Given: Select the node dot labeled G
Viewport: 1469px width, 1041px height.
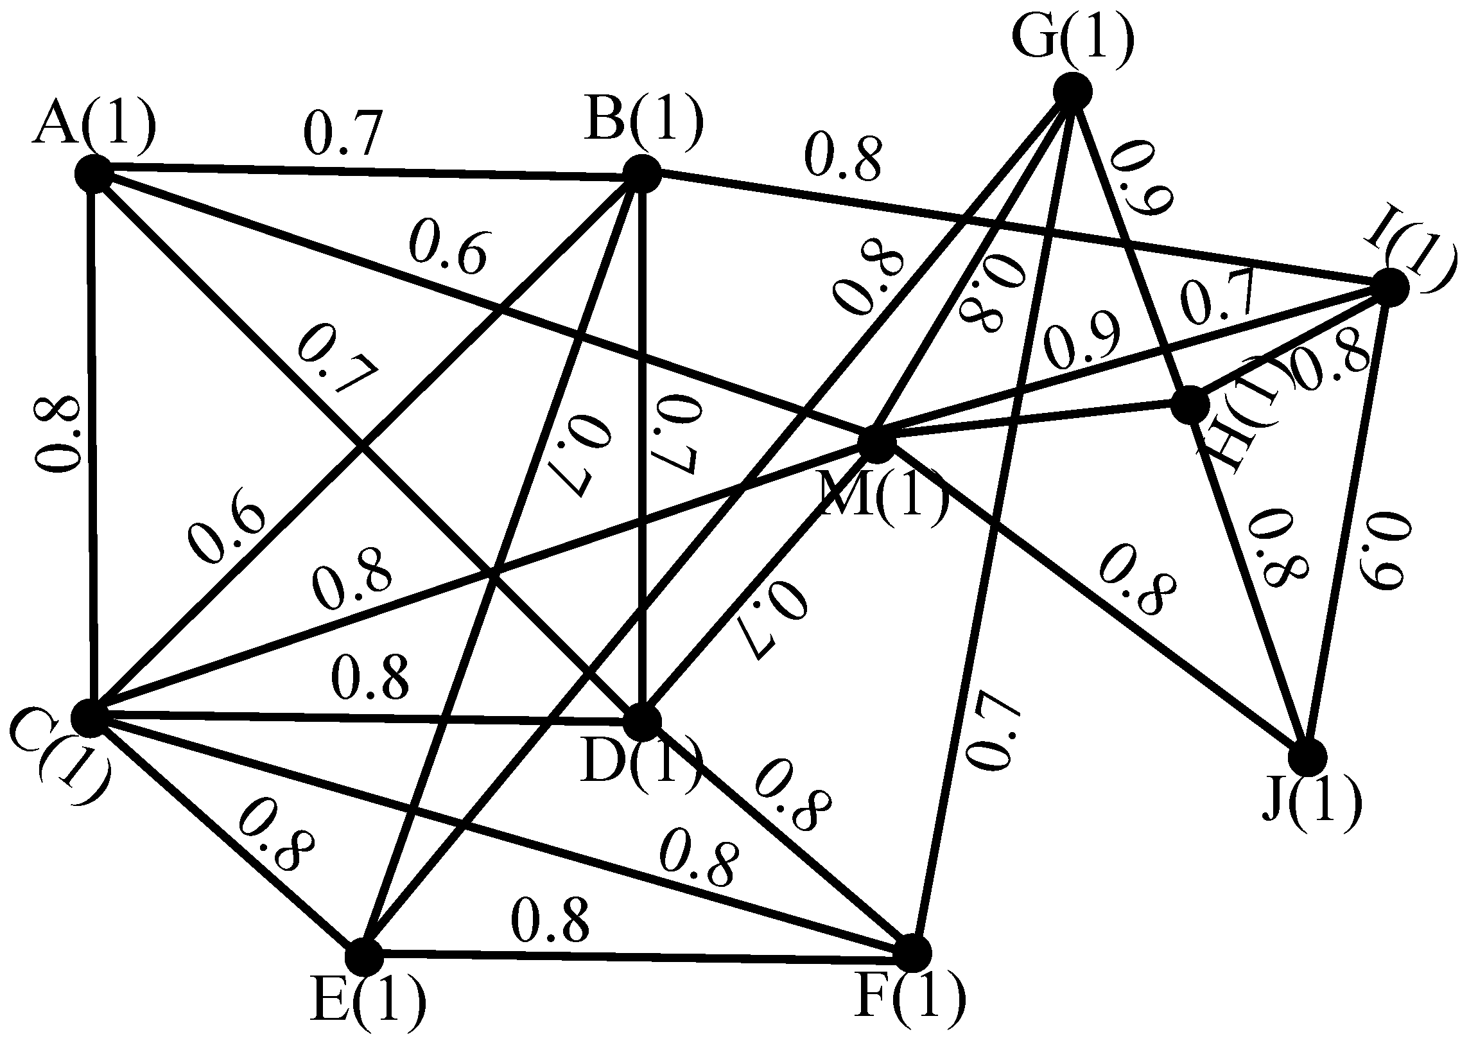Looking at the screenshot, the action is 1073,92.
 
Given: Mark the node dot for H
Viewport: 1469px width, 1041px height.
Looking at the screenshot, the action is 1190,405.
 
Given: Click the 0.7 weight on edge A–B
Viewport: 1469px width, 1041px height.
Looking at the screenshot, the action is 343,134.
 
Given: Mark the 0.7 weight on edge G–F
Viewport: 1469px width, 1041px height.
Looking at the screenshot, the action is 989,729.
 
